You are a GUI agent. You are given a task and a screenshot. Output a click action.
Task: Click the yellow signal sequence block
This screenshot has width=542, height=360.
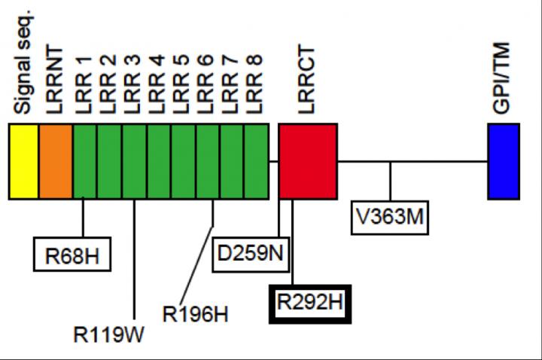23,161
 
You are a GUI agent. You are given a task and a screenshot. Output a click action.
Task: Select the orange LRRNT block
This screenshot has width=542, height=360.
56,161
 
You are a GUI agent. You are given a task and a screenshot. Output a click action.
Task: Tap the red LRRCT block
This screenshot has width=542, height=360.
307,161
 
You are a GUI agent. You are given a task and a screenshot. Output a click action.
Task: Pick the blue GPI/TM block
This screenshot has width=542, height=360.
503,161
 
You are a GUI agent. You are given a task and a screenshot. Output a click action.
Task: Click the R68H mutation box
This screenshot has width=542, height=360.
72,254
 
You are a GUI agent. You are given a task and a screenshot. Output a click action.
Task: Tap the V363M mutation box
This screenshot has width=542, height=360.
390,215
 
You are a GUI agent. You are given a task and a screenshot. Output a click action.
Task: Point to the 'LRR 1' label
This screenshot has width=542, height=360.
86,84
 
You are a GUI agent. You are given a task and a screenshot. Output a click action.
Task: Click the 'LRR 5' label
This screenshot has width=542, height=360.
182,84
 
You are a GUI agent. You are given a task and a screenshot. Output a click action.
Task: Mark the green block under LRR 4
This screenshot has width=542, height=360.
158,161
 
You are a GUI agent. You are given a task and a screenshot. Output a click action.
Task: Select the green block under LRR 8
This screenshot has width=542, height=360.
257,161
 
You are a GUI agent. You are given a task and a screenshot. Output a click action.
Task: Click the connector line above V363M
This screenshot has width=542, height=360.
390,181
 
